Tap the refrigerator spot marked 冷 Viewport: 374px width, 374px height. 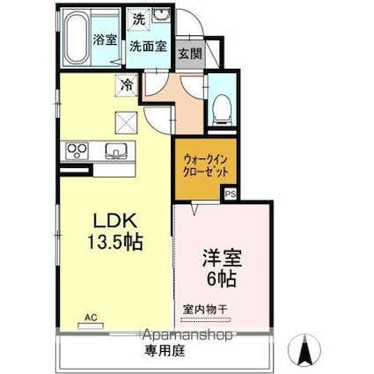(x=127, y=85)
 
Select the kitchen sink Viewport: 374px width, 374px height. (x=115, y=150)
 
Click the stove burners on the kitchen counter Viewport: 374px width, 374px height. (x=76, y=150)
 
